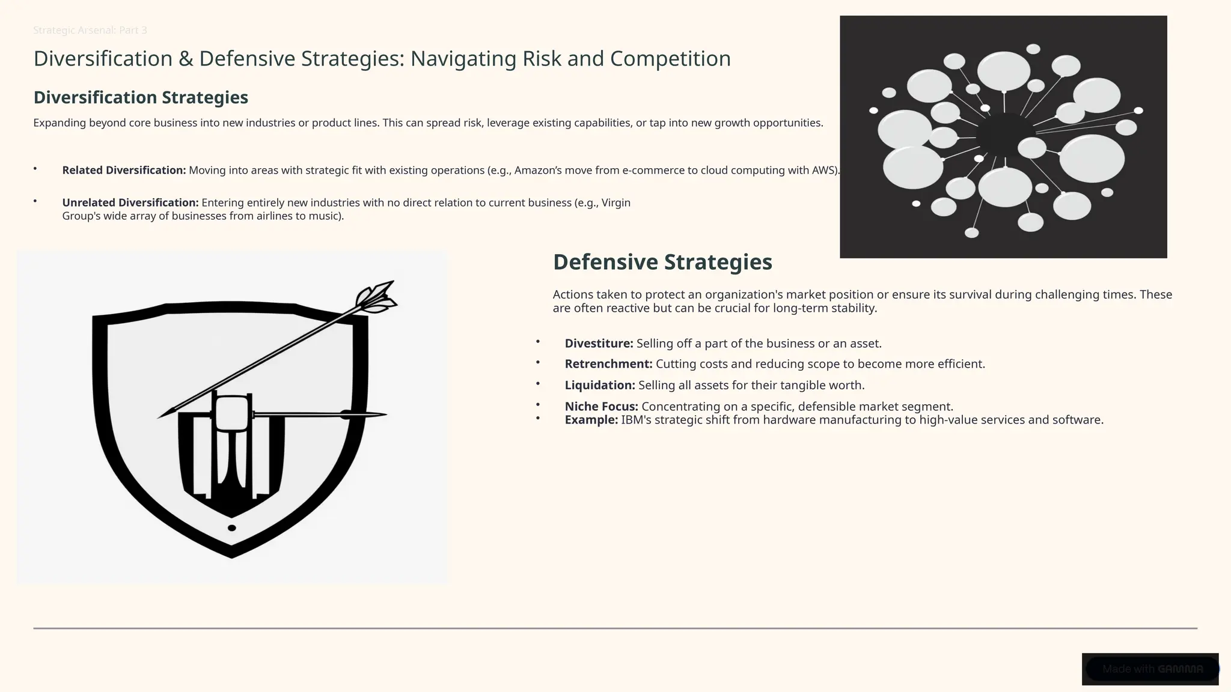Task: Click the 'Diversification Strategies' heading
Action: tap(141, 97)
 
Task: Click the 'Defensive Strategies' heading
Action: tap(662, 262)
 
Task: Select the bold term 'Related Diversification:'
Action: tap(124, 170)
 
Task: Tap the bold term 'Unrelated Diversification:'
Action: tap(130, 202)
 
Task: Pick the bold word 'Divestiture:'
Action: tap(599, 344)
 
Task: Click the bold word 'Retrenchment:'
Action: tap(608, 364)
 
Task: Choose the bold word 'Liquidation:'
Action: tap(600, 385)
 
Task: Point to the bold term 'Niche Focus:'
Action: tap(601, 407)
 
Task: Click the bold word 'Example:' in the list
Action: tap(591, 420)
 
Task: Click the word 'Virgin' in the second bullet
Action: tap(615, 202)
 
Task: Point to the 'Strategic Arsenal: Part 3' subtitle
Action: tap(90, 30)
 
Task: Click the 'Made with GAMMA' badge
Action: tap(1151, 669)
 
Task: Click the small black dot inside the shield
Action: tap(232, 528)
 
